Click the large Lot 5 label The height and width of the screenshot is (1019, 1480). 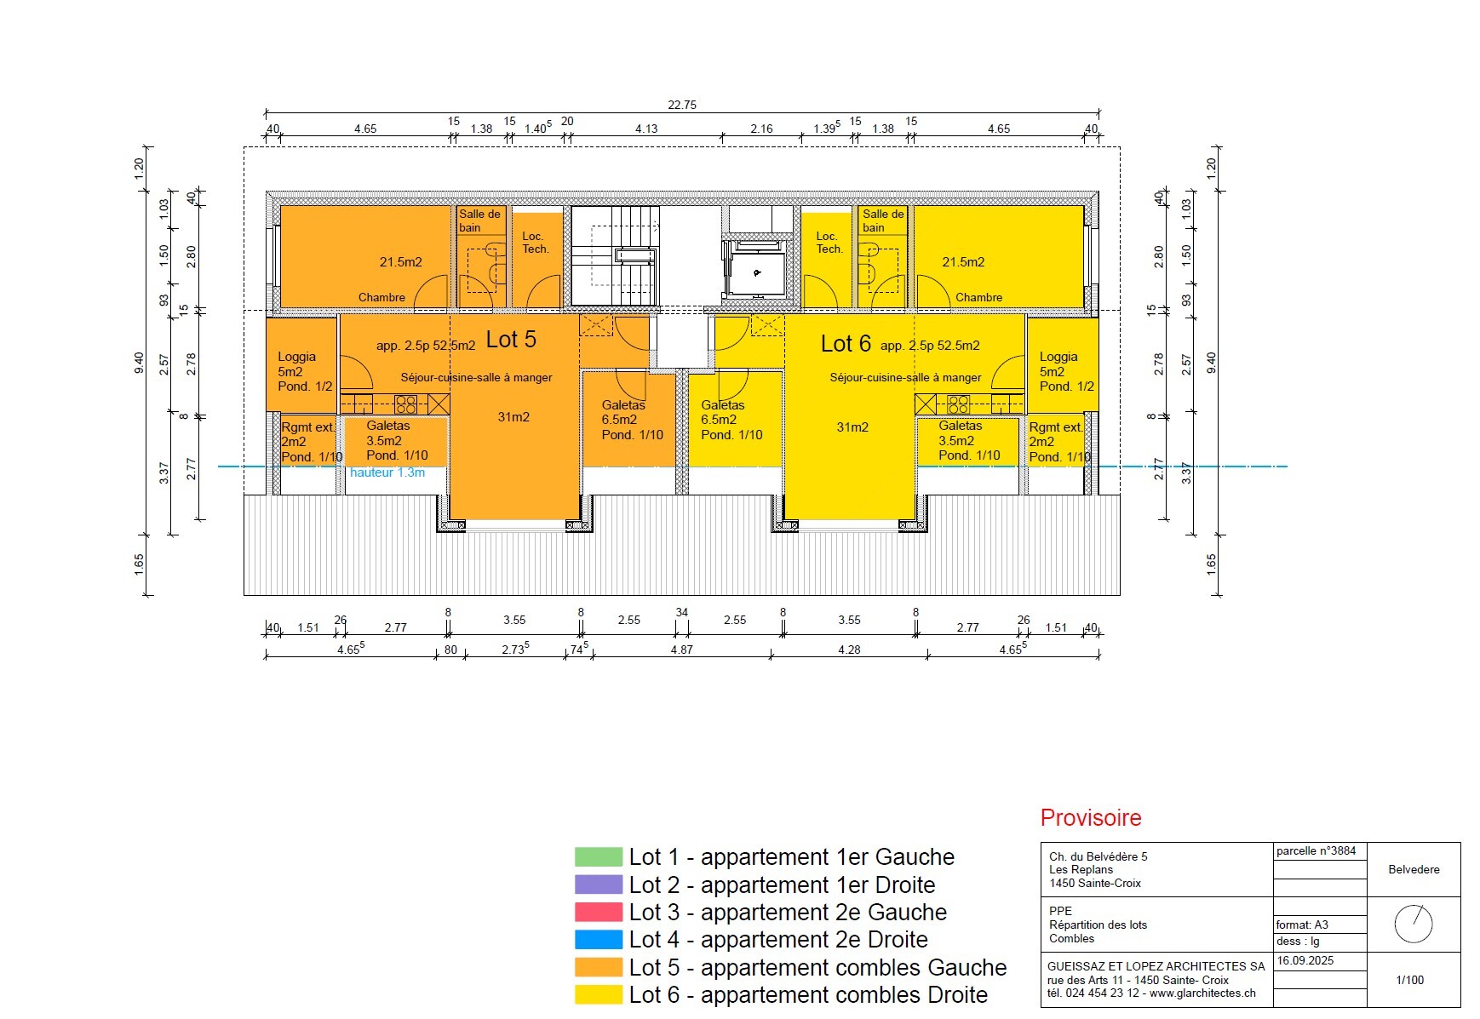click(511, 340)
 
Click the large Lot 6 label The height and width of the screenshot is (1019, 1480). click(845, 344)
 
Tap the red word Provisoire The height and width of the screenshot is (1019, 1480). click(1090, 818)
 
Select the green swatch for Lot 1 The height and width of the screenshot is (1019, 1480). click(599, 857)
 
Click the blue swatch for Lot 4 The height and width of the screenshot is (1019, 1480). click(599, 940)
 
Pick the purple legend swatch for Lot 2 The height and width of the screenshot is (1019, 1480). click(599, 885)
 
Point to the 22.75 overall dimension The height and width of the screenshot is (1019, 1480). click(681, 105)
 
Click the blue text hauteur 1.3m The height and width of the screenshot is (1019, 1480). click(387, 472)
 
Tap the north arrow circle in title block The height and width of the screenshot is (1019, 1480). click(1414, 924)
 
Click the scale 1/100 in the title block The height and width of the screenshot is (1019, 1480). click(1409, 980)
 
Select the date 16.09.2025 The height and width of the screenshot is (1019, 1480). click(1305, 961)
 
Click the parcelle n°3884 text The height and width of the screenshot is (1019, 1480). click(1316, 850)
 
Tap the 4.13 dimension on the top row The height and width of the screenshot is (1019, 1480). click(646, 129)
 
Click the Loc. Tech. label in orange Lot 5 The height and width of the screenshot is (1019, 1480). click(535, 243)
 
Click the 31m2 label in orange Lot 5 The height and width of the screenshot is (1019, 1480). click(513, 417)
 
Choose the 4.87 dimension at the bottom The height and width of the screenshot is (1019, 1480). click(681, 650)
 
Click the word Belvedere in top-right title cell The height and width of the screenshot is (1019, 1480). click(1414, 869)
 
